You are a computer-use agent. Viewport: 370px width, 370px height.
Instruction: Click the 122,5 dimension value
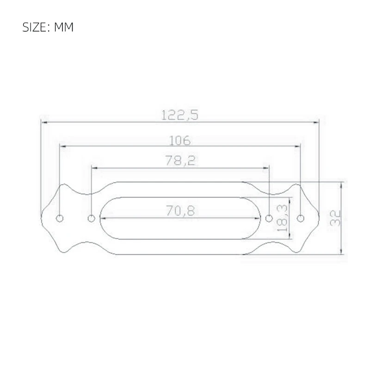pos(179,115)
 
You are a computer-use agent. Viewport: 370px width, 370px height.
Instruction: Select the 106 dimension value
pos(180,140)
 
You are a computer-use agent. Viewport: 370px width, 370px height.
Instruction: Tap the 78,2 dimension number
pos(180,160)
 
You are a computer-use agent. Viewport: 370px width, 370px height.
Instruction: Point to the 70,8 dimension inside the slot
pos(180,211)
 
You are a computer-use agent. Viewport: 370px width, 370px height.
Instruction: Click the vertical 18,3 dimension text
pos(282,218)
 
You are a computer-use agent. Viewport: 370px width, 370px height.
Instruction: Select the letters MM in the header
pos(64,27)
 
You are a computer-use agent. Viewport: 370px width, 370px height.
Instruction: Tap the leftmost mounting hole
pos(60,218)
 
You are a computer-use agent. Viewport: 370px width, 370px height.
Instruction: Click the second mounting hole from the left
pos(92,218)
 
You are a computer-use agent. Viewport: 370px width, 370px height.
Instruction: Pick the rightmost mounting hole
pos(301,218)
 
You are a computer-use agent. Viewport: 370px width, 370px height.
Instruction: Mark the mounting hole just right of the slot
pos(268,218)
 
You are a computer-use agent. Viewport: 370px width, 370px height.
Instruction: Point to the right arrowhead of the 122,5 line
pos(317,122)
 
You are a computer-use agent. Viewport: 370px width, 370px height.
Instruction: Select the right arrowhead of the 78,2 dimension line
pos(266,168)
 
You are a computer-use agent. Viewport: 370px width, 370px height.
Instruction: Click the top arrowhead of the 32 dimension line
pos(341,185)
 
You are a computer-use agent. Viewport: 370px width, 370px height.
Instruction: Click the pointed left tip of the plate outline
pos(42,218)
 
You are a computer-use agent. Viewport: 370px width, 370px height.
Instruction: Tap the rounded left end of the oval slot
pos(100,218)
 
